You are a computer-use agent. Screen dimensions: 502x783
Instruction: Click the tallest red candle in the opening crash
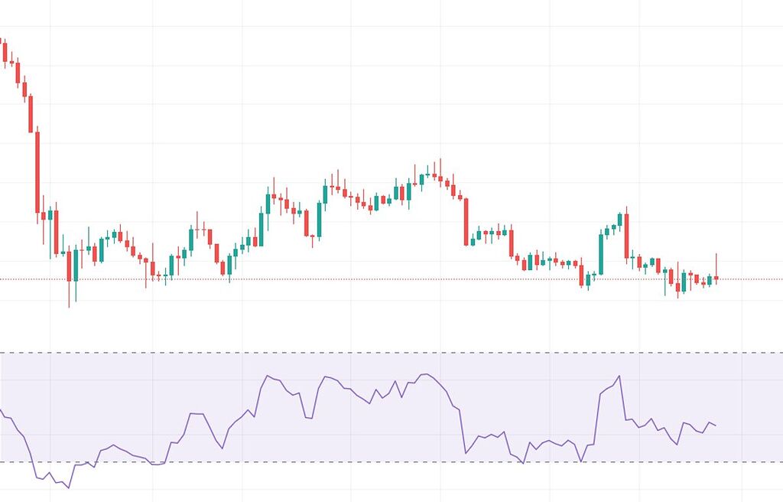click(37, 172)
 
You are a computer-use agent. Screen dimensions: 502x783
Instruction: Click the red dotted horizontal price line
click(382, 279)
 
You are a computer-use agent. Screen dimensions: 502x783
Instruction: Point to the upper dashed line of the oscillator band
click(382, 353)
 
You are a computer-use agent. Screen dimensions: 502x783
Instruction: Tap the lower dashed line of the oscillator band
click(382, 462)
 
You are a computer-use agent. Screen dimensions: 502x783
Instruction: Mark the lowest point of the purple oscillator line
click(69, 487)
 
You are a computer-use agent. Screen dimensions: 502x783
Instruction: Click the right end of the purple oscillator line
click(716, 425)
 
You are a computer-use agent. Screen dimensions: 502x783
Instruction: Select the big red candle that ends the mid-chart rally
click(466, 222)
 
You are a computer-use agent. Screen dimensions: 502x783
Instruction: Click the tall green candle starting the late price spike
click(601, 254)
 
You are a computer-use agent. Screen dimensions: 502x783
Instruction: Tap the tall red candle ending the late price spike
click(626, 236)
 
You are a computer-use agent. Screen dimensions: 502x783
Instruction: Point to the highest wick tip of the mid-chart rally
click(440, 159)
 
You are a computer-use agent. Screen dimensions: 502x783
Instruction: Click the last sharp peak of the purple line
click(619, 376)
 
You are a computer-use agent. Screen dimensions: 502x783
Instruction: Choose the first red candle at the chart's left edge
click(5, 52)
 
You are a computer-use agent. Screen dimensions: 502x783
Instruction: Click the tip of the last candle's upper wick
click(716, 253)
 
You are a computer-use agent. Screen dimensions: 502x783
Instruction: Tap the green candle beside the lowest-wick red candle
click(75, 265)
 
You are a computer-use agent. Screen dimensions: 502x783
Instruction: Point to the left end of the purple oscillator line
click(1, 410)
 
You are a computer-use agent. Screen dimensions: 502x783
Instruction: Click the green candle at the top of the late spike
click(619, 220)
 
